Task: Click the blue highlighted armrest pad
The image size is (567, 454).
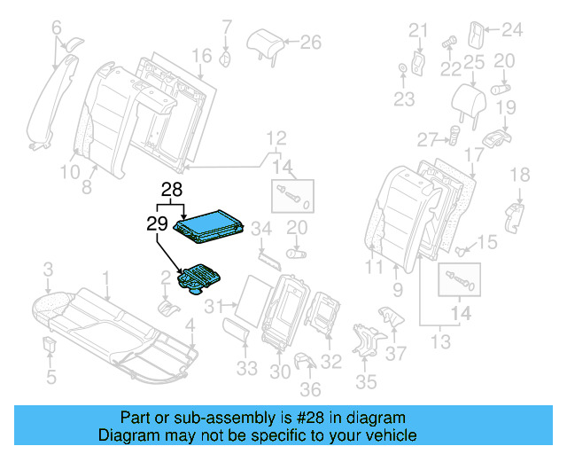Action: pos(210,223)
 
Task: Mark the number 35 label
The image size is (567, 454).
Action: pos(367,382)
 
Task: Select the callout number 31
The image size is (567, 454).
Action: pos(214,307)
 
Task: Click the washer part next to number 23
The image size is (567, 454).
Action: pos(404,69)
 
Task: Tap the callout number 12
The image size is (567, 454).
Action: pos(276,137)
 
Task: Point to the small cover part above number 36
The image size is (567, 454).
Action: pos(305,361)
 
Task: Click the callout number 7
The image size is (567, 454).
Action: pos(227,26)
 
